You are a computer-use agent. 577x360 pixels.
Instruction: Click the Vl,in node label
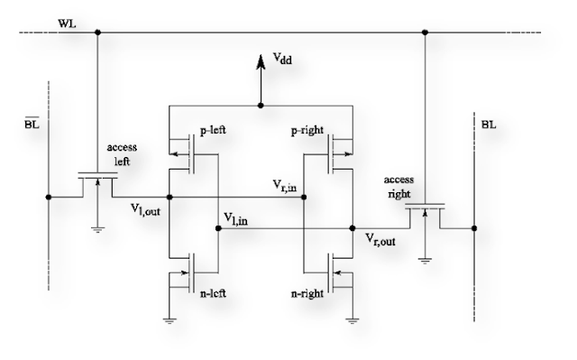pos(240,219)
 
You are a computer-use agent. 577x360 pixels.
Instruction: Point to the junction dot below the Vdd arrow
pos(261,106)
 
